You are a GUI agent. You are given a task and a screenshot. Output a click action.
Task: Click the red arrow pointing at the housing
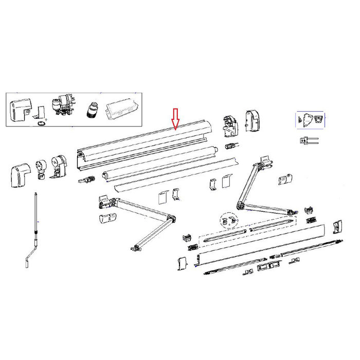(x=175, y=119)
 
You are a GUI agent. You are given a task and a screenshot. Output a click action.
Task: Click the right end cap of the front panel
(x=338, y=226)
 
